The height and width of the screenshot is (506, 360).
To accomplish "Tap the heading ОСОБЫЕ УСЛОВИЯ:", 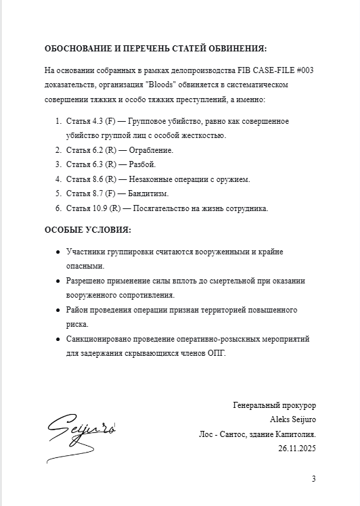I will coord(88,229).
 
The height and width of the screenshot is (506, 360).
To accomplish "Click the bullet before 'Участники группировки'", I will coord(58,252).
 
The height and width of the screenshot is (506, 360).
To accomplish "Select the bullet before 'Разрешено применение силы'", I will coord(58,281).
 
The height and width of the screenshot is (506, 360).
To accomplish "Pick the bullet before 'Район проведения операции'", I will coord(58,310).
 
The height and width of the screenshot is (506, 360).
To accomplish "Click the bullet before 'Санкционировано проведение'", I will coord(58,339).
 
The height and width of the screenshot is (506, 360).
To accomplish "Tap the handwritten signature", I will coord(82,429).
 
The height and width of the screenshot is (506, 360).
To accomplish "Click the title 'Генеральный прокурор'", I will coord(274,405).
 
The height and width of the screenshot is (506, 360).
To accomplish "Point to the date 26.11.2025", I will coord(296,448).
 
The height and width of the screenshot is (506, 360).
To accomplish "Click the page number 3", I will coord(313,479).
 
